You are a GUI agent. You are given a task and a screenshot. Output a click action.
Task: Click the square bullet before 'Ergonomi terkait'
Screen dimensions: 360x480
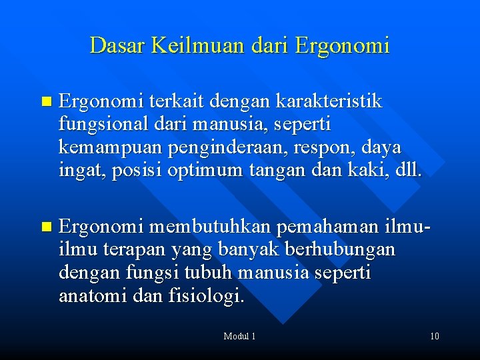(45, 103)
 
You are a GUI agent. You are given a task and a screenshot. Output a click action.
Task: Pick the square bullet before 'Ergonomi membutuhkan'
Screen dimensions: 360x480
(45, 228)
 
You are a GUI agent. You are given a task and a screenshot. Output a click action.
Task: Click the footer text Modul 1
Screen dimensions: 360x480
(239, 336)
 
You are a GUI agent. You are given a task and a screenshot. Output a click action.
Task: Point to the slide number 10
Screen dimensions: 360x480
(434, 336)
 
